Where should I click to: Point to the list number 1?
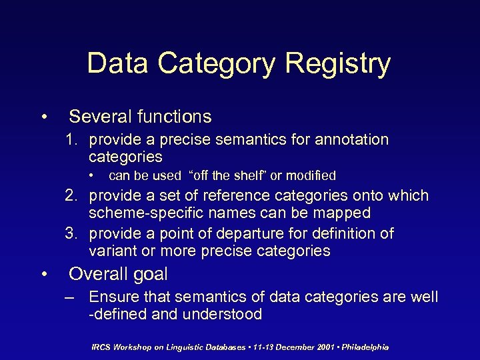[x=71, y=140]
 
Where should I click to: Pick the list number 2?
[x=71, y=196]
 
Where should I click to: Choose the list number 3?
[x=71, y=234]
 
